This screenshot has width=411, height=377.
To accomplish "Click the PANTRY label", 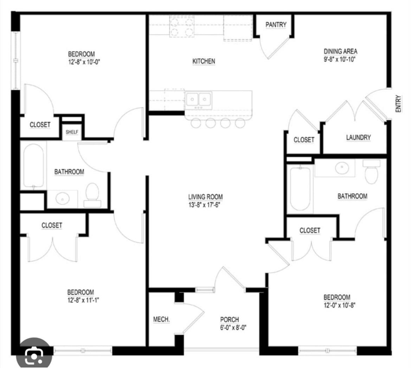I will [x=276, y=25].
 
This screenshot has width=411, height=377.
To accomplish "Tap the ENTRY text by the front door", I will [x=398, y=104].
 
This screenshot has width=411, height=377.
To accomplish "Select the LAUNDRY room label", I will [x=358, y=137].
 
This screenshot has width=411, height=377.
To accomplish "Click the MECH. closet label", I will [x=161, y=319].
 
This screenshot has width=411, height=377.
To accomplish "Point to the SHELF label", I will [x=72, y=132].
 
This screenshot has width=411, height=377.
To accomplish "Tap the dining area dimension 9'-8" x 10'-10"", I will [x=340, y=59].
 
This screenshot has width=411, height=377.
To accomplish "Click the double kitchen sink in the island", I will [x=199, y=99].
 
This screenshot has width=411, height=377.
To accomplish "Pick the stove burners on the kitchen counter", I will [x=182, y=27].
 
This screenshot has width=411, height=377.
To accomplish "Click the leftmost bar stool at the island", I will [x=195, y=123].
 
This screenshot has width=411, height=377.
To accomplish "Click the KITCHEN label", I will [x=204, y=61].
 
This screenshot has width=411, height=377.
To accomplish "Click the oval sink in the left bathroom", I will [x=63, y=199].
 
